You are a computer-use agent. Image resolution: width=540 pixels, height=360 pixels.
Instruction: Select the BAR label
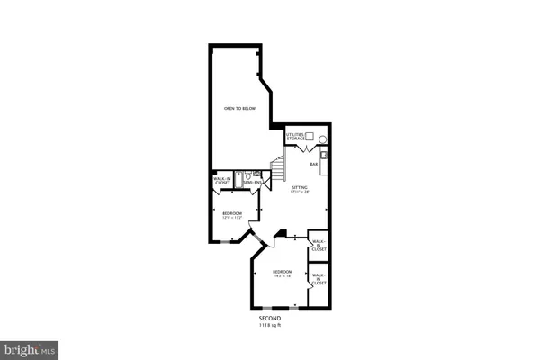pyautogui.click(x=315, y=164)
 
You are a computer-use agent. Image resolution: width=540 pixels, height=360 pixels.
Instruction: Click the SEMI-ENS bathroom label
pyautogui.click(x=252, y=183)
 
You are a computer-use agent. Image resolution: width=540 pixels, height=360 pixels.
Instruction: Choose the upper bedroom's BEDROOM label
pyautogui.click(x=232, y=212)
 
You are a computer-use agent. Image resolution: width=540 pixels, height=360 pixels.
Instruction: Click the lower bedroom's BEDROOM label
pyautogui.click(x=283, y=271)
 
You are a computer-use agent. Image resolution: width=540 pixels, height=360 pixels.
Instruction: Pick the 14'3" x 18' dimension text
pyautogui.click(x=283, y=276)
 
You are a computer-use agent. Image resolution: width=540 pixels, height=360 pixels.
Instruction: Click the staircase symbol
pyautogui.click(x=278, y=168)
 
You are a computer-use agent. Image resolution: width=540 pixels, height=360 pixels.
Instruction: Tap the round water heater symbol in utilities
pyautogui.click(x=323, y=141)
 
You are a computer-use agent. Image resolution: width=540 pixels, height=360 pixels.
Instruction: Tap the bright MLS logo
pyautogui.click(x=31, y=346)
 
